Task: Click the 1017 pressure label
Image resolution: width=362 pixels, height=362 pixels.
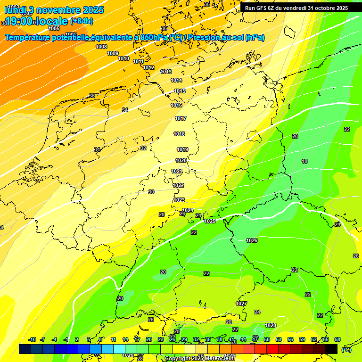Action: coord(181,118)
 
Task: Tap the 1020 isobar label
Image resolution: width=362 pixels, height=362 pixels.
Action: coord(181,160)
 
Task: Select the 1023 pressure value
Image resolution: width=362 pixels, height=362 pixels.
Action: coord(179,200)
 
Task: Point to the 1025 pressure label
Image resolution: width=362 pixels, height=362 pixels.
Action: coord(210,221)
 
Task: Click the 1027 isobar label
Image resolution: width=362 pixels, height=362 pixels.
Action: coord(241,304)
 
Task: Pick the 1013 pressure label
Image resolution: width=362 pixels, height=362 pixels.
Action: coord(166,72)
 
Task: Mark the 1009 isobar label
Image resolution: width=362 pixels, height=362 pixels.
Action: coord(113,53)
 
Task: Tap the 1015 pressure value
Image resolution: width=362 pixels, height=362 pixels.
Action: coord(180,91)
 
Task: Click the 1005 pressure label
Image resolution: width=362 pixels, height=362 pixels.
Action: coord(54,29)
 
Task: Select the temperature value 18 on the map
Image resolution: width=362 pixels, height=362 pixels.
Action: coord(304,161)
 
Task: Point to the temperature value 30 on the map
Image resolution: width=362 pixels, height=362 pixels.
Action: coord(151,192)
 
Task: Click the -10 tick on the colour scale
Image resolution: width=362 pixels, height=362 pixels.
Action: coord(33,339)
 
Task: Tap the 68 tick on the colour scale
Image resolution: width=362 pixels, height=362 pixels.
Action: coord(337,339)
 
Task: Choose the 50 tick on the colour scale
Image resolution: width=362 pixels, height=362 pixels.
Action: coord(267,339)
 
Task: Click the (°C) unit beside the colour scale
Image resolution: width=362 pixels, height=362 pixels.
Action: coord(346,350)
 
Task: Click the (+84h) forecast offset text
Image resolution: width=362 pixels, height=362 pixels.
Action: coord(82,21)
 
